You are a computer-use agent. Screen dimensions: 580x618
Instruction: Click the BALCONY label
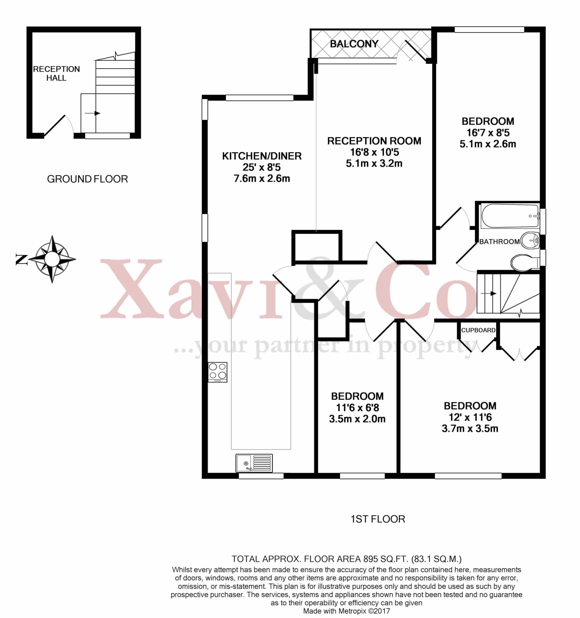point(354,44)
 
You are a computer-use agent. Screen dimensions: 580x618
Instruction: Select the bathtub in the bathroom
point(509,216)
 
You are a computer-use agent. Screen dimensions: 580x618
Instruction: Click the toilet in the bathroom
point(525,262)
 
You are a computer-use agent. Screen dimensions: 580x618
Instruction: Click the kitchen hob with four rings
point(218,372)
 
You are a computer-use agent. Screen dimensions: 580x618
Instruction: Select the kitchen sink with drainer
point(254,463)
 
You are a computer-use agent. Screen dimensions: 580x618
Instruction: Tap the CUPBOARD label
point(478,330)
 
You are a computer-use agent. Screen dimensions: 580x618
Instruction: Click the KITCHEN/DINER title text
point(262,156)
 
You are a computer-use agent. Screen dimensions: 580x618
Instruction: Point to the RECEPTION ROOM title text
point(374,141)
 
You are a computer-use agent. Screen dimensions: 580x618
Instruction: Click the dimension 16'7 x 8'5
point(488,133)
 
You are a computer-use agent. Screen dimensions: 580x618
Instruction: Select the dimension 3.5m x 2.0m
point(357,419)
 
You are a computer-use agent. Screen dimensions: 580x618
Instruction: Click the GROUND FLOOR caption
point(87,179)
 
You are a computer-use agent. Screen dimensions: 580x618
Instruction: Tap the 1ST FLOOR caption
point(378,519)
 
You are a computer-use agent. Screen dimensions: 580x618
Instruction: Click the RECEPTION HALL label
point(56,73)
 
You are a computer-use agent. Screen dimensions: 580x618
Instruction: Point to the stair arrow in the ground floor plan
point(92,113)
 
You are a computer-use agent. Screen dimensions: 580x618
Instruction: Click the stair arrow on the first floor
point(488,293)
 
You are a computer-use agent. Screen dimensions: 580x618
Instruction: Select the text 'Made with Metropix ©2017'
point(346,611)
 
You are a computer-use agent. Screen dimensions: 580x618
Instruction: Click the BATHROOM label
point(499,241)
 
